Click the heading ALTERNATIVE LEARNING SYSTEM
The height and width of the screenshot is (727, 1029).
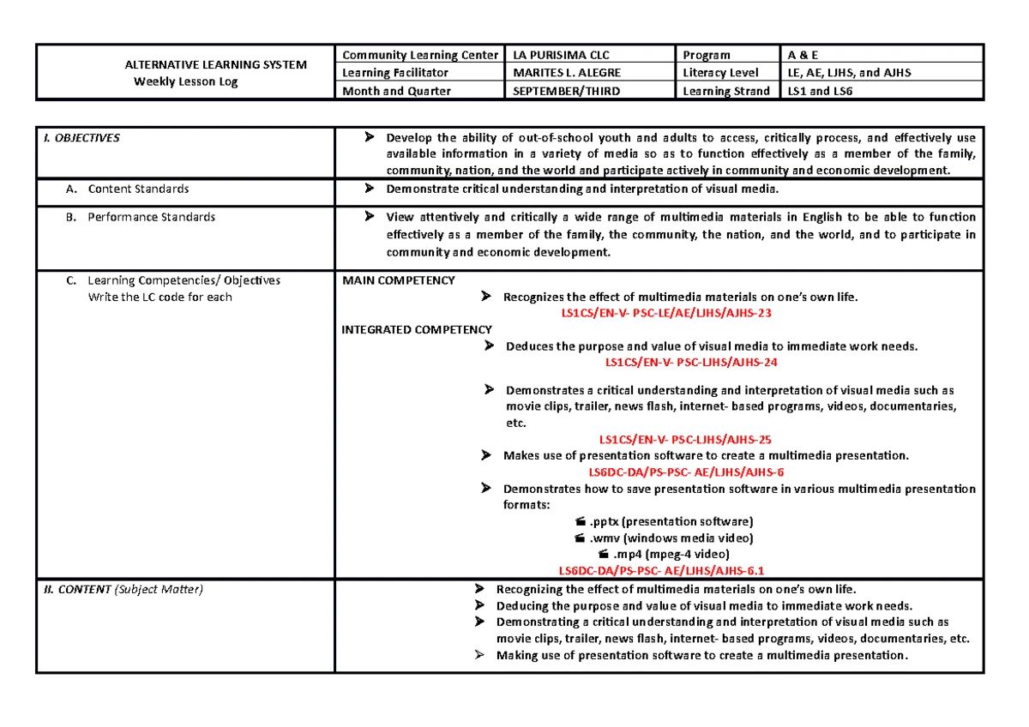pos(216,64)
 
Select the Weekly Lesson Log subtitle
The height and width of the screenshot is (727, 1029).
pos(185,81)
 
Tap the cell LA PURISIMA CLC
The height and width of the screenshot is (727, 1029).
pos(561,55)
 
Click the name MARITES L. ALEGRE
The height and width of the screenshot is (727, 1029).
pos(566,73)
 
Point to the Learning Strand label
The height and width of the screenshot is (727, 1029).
pos(725,91)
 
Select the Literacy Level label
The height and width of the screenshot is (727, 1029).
pos(721,73)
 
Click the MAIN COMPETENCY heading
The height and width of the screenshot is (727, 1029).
pos(398,280)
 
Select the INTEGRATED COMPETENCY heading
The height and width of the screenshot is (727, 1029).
pos(417,329)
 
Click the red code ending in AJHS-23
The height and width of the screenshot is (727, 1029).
pos(666,313)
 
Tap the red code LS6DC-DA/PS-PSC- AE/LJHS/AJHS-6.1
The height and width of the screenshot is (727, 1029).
pos(661,570)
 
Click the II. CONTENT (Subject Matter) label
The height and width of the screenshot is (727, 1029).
pos(123,589)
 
